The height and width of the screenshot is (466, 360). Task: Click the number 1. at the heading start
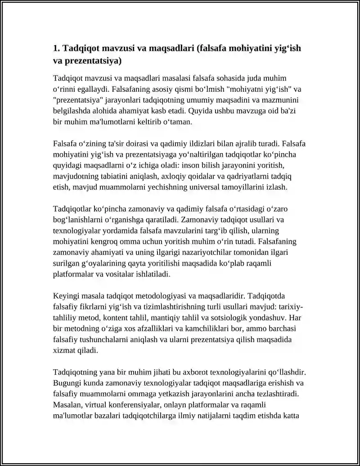57,49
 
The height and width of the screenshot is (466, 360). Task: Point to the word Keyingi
67,296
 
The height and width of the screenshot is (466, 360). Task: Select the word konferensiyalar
129,405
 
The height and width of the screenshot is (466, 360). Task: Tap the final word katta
291,416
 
